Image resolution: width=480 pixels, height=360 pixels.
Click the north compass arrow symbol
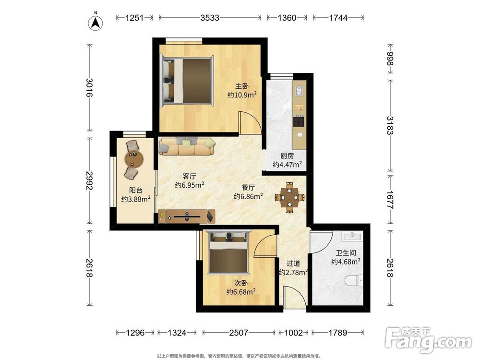(96, 22)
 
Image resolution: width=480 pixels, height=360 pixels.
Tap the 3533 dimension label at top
(210, 18)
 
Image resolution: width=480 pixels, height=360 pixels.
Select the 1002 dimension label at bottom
(293, 332)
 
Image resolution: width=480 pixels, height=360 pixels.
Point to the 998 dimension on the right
(390, 59)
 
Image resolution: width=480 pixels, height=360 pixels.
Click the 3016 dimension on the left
(89, 87)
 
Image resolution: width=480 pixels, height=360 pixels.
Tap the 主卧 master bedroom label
(242, 86)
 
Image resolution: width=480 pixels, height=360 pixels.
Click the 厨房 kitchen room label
(287, 156)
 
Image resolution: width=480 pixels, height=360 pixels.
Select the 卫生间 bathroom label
(346, 253)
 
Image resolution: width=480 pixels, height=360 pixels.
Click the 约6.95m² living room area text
(190, 185)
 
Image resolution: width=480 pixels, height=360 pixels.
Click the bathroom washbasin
(352, 236)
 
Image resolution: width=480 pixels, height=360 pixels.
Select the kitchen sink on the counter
(299, 91)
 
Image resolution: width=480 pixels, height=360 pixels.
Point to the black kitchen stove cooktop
(299, 121)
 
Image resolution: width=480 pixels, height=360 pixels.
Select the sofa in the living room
(187, 146)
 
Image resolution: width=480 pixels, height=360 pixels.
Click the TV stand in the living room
(187, 216)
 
